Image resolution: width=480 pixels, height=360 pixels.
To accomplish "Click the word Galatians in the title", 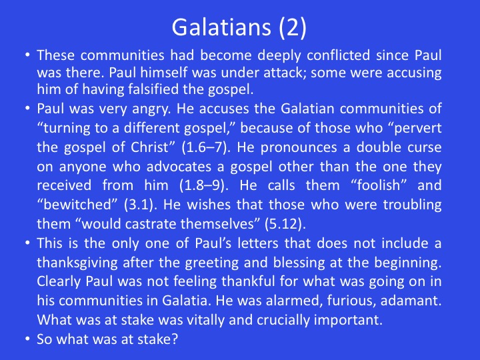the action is click(x=221, y=27).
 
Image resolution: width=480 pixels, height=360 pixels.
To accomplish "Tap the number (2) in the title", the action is click(x=293, y=27).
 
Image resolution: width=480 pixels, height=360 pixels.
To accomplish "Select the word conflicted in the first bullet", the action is click(x=339, y=55).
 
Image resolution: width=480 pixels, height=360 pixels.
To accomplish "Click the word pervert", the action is click(x=417, y=128).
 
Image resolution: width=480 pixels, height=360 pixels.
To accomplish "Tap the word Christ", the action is click(x=150, y=147).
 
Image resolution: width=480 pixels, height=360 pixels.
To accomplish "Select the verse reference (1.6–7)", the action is click(x=205, y=147).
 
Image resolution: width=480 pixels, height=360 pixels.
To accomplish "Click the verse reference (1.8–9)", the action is click(x=204, y=185).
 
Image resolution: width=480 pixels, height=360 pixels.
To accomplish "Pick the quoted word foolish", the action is click(x=379, y=185).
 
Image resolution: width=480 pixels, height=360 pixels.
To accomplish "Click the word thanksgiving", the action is click(x=77, y=263).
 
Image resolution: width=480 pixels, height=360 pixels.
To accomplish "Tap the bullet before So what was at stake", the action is click(x=28, y=339).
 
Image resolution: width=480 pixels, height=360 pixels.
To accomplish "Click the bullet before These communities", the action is click(x=28, y=55).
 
